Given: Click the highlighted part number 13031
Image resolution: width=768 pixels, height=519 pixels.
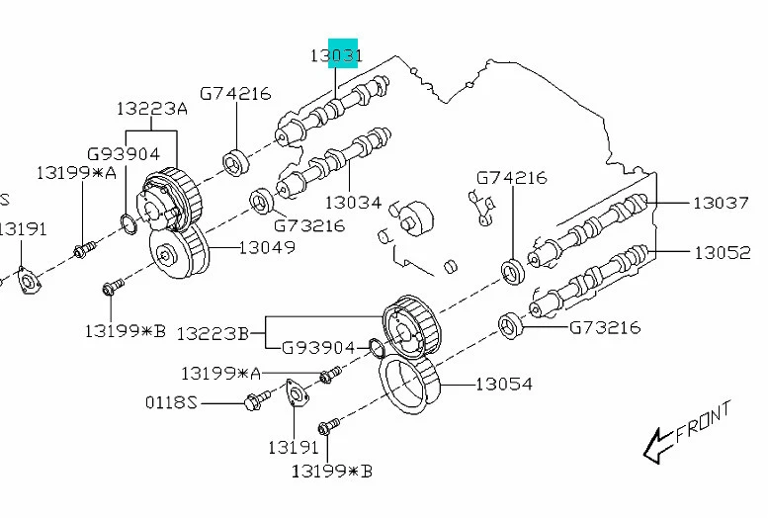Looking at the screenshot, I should [336, 55].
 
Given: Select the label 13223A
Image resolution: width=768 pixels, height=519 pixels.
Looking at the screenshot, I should [151, 109].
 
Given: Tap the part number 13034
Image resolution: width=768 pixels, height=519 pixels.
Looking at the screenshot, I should [352, 202].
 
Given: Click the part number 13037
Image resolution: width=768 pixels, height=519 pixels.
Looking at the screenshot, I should [721, 203].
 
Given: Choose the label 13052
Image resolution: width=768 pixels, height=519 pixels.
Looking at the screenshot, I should [722, 252].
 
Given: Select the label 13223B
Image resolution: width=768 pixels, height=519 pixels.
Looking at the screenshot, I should [213, 333].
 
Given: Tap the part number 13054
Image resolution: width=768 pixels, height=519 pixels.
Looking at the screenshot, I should [505, 383].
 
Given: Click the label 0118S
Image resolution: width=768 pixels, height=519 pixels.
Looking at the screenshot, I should [173, 402].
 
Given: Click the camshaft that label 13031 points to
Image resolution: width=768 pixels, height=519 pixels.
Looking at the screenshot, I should [336, 109].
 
